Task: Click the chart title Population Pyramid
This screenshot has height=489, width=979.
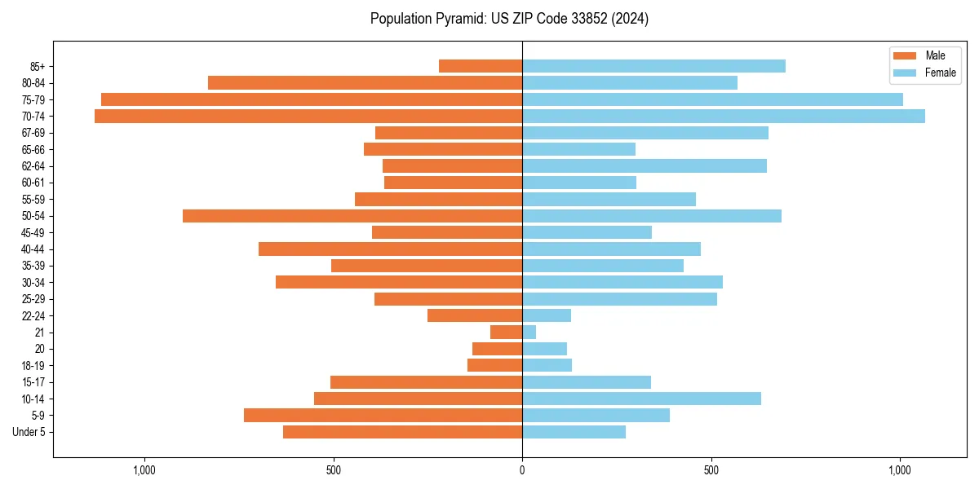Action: (x=509, y=19)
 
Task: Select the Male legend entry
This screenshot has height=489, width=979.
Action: (x=924, y=55)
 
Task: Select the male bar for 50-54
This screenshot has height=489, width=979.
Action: (x=352, y=216)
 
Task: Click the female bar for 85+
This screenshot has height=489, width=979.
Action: (x=653, y=66)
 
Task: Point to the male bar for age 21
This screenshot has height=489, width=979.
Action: (x=506, y=333)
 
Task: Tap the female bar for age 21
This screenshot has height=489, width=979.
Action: (x=529, y=333)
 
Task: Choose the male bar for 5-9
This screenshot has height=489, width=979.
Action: (x=383, y=416)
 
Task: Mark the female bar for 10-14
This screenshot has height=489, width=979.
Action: (x=641, y=399)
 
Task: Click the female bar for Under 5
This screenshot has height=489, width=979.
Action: (x=574, y=432)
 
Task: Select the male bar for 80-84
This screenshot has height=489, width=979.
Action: (x=365, y=83)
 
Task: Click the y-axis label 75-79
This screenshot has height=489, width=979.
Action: (x=33, y=100)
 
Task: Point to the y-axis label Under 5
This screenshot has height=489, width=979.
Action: (x=29, y=432)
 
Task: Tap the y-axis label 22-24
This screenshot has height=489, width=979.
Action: (x=33, y=316)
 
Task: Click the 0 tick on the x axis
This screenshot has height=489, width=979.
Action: (x=522, y=470)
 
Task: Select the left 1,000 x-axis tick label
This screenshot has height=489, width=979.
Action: (x=144, y=470)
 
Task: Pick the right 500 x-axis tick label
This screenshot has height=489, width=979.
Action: (x=711, y=470)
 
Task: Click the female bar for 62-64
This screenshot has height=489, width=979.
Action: (x=645, y=166)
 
